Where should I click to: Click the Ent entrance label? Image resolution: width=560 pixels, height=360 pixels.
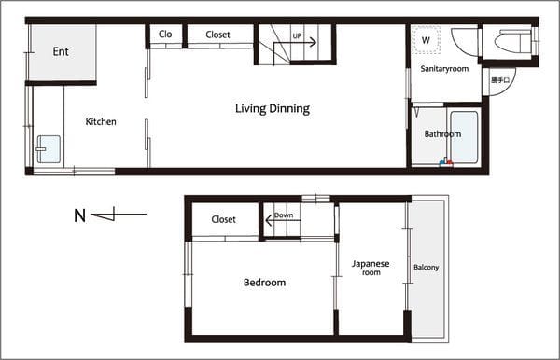[x=61, y=51]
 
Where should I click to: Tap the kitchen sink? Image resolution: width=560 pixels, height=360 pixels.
[x=49, y=149]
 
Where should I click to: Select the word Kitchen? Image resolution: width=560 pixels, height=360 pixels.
[x=101, y=121]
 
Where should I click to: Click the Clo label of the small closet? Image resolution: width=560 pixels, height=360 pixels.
[x=165, y=35]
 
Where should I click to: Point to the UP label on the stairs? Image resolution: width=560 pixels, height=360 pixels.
[x=297, y=36]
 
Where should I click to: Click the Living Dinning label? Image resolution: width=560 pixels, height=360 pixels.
[x=273, y=109]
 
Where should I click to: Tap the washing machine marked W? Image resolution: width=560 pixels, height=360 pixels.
[x=426, y=40]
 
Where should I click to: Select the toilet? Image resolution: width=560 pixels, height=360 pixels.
[x=513, y=42]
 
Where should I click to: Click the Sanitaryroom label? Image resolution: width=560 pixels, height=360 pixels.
[x=444, y=69]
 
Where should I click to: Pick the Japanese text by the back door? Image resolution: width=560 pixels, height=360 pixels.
[x=500, y=80]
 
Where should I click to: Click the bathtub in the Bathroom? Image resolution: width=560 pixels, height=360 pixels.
[x=464, y=137]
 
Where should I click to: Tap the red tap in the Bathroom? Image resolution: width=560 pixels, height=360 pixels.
[x=450, y=163]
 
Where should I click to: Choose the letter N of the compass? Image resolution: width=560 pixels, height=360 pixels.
[x=79, y=215]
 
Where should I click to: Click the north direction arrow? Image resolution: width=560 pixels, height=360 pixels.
[x=119, y=215]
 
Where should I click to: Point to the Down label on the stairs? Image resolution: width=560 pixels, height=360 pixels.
[x=284, y=215]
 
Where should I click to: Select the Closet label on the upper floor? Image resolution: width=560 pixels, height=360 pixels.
[x=224, y=219]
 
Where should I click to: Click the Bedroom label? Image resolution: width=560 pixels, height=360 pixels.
[x=265, y=283]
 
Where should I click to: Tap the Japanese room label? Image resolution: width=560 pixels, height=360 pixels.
[x=371, y=268]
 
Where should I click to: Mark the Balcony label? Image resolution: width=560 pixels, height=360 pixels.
[x=427, y=268]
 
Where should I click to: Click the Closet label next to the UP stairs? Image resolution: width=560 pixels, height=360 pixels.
[x=217, y=35]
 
